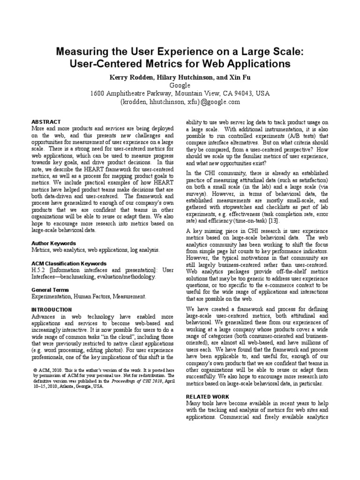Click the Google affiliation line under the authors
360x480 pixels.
tap(180, 85)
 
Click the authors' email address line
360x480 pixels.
tap(180, 102)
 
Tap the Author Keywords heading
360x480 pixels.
tap(53, 243)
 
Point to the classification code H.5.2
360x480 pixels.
tap(39, 270)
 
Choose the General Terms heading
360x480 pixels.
tap(50, 290)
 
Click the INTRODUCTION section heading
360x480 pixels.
tap(52, 310)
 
